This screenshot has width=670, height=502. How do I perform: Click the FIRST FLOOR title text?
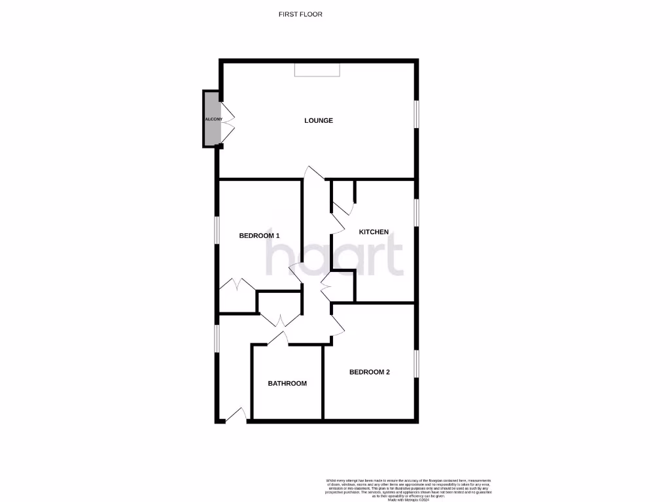300,14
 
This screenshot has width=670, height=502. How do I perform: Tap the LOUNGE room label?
319,120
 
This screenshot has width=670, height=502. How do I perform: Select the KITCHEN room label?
374,232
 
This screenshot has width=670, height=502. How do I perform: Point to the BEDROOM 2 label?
369,372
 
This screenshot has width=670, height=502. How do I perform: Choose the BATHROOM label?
287,384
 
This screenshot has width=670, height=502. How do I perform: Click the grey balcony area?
211,119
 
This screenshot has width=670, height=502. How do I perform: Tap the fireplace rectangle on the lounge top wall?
317,69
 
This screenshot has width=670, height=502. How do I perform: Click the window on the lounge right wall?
416,114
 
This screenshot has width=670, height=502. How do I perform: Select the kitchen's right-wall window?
416,212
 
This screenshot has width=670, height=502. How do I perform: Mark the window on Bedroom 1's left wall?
217,229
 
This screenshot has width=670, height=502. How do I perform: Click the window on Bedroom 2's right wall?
416,363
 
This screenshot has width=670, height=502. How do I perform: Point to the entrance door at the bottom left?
236,415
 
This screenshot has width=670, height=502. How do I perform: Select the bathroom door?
278,338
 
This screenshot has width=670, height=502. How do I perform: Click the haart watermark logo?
334,256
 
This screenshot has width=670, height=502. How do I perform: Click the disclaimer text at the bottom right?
408,489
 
